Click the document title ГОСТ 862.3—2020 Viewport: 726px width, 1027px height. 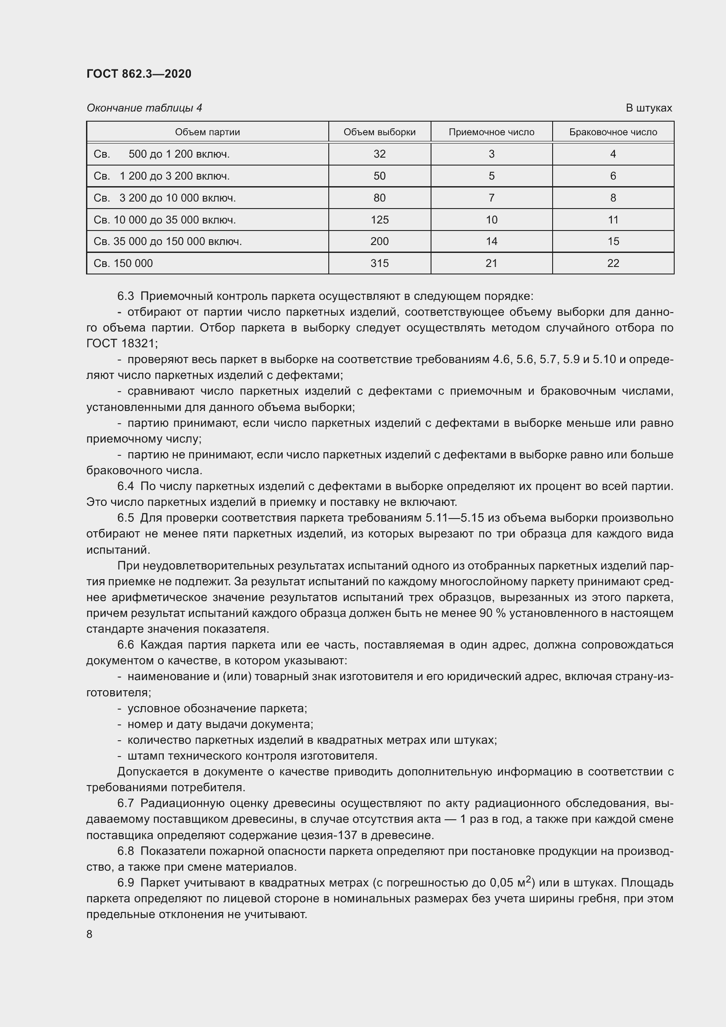(139, 74)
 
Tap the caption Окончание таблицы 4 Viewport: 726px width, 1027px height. (144, 108)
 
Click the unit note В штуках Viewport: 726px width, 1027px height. (649, 108)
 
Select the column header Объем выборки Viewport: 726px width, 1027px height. (380, 132)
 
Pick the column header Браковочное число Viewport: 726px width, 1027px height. (613, 132)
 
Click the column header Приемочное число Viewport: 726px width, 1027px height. (491, 132)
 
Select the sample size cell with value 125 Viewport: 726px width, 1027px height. (380, 220)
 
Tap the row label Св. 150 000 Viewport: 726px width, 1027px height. (123, 263)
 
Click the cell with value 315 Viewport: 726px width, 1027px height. (380, 263)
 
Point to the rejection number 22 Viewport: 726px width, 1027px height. (613, 263)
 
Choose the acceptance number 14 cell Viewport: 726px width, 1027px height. (491, 241)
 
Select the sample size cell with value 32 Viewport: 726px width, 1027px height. (380, 154)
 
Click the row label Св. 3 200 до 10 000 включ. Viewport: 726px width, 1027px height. (165, 198)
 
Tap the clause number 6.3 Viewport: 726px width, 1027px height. (126, 296)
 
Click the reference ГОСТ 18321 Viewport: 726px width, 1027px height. (121, 343)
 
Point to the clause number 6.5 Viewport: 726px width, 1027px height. (126, 518)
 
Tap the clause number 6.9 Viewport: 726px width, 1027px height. (126, 883)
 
